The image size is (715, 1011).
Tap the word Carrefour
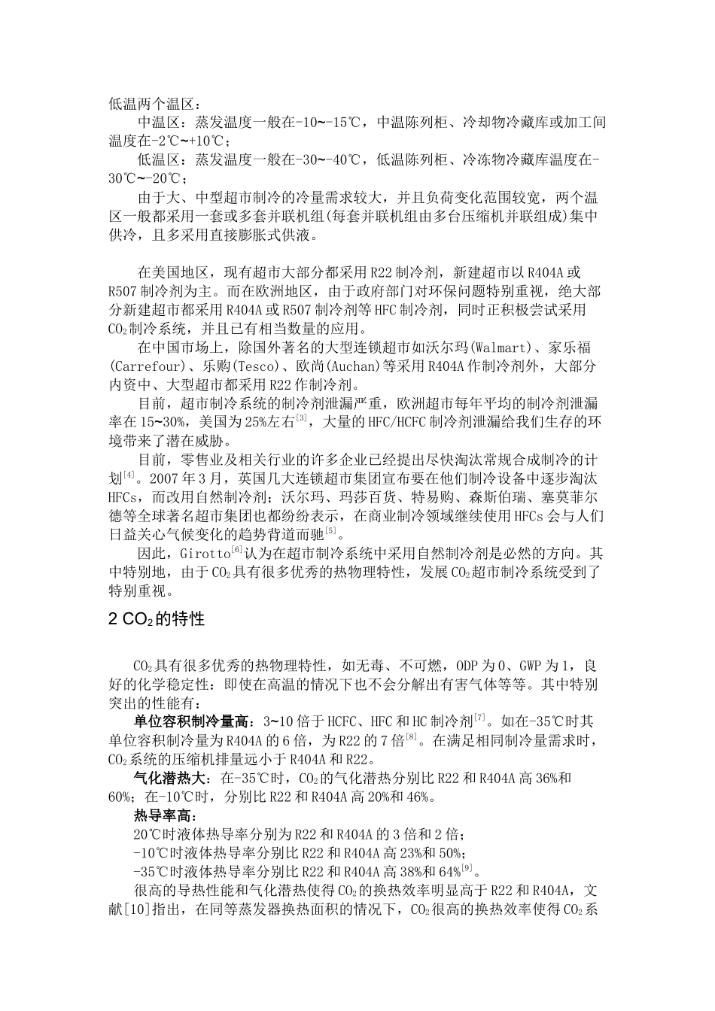148,367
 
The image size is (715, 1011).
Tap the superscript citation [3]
301,418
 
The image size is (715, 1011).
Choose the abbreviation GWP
528,666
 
